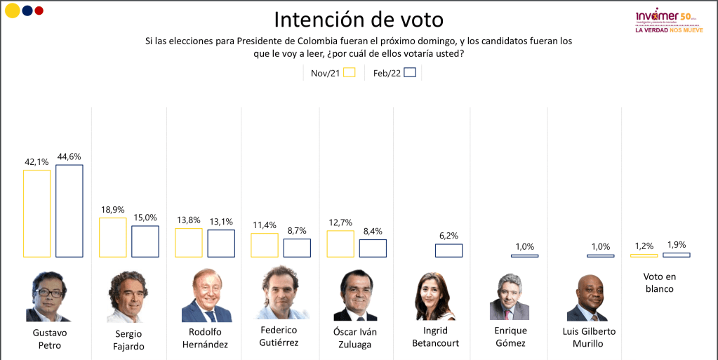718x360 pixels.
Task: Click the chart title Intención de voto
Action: coord(359,19)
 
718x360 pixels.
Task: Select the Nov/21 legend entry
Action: coord(333,72)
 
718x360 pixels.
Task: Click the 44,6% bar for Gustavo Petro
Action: coord(69,211)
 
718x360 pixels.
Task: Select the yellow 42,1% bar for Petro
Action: coord(36,213)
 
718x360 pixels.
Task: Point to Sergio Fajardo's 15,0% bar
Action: coord(145,241)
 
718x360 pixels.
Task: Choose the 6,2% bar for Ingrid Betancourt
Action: coord(448,251)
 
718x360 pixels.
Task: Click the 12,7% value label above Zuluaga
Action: coord(340,223)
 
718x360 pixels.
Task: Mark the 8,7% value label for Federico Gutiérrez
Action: coord(297,231)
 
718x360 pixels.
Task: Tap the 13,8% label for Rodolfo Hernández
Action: coord(188,220)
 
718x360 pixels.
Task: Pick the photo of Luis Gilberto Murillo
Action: coord(587,298)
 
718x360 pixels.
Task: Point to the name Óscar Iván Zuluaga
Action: coord(355,337)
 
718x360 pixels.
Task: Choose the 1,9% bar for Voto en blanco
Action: coord(677,255)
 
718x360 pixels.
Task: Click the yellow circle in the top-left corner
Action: coord(12,11)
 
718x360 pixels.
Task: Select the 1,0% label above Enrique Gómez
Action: coord(524,246)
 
